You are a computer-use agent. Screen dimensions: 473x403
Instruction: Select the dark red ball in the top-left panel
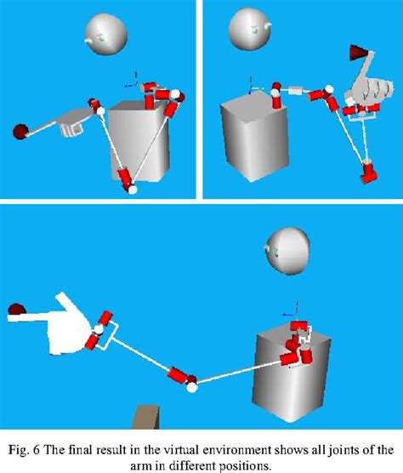tap(20, 130)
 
